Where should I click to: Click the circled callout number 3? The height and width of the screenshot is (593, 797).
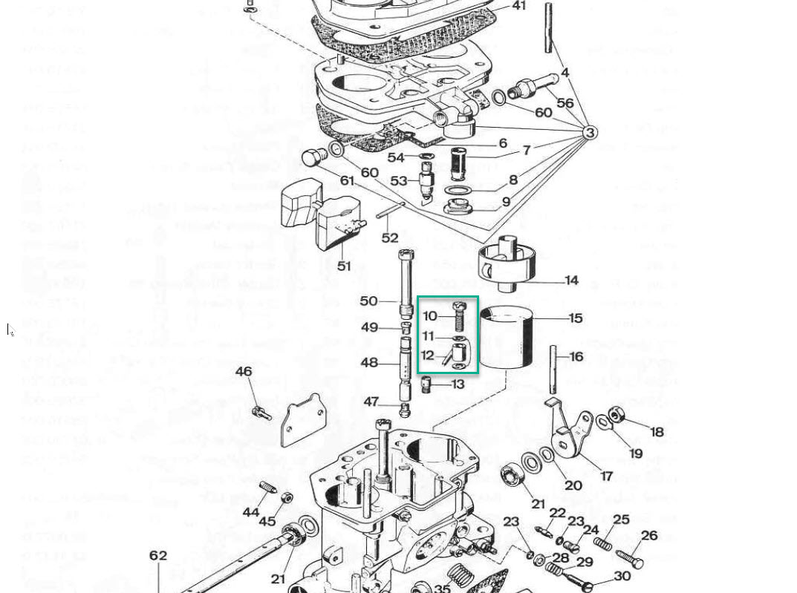tap(589, 133)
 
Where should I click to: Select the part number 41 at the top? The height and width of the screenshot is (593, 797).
tap(518, 6)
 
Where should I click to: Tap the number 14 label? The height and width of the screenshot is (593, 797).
tap(571, 281)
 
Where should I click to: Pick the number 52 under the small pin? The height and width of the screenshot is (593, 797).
tap(390, 238)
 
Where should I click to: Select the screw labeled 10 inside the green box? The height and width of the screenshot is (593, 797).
tap(459, 317)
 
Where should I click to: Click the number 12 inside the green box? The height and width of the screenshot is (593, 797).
tap(427, 356)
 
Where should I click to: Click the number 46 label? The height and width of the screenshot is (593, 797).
tap(244, 371)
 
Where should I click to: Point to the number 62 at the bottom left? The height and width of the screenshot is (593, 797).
tap(158, 556)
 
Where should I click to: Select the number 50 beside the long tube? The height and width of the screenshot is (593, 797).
tap(368, 301)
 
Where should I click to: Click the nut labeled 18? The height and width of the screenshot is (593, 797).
tap(615, 414)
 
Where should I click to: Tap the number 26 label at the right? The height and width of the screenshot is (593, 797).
tap(649, 535)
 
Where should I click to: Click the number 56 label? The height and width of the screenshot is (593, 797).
tap(565, 103)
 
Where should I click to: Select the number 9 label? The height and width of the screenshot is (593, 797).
tap(506, 201)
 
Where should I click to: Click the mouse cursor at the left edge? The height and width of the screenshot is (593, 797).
tap(10, 330)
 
